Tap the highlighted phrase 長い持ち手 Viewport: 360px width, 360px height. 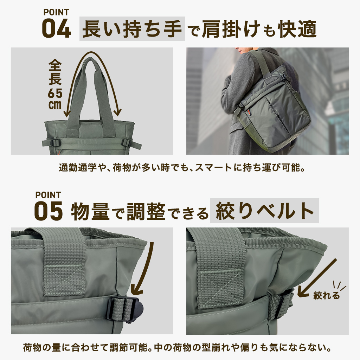pyautogui.click(x=132, y=29)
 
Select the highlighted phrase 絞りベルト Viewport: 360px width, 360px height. pyautogui.click(x=264, y=211)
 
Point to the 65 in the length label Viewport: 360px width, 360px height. pyautogui.click(x=55, y=94)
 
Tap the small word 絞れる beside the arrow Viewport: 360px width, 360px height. pyautogui.click(x=327, y=296)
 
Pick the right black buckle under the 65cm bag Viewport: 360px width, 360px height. pyautogui.click(x=126, y=143)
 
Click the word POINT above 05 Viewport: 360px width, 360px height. pyautogui.click(x=48, y=195)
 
